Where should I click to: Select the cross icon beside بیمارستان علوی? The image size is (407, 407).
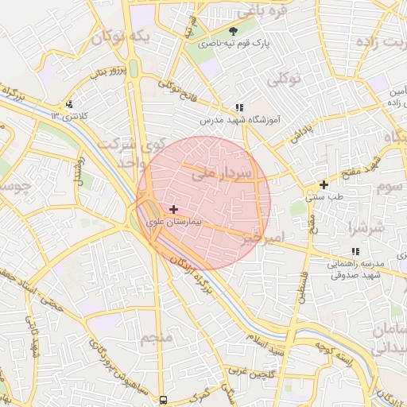[x=174, y=209]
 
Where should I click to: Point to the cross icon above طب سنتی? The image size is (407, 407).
[x=324, y=184]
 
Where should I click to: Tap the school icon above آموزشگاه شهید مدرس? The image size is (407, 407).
[x=238, y=107]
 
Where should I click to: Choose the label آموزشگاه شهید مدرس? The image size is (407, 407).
[x=239, y=119]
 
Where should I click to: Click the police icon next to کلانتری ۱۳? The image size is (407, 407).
[x=70, y=104]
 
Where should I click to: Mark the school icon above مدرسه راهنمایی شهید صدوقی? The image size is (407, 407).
[x=355, y=251]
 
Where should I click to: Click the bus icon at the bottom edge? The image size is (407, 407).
[x=163, y=400]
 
